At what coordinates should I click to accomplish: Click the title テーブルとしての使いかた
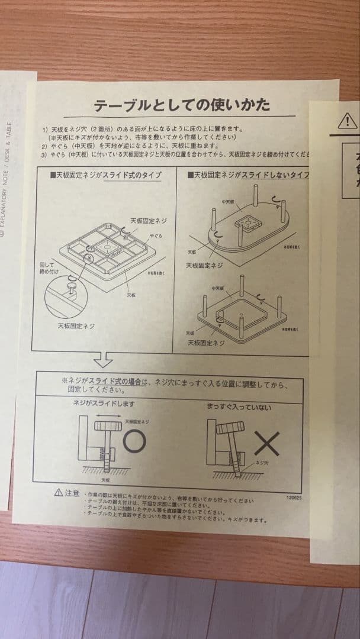coord(182,105)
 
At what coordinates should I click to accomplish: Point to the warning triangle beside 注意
coord(59,492)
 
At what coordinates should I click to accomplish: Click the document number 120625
coord(292,498)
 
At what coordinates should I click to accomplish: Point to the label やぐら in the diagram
coord(156,235)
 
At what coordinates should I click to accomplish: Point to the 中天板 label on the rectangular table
coord(218,288)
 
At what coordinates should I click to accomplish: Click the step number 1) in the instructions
coord(45,128)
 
